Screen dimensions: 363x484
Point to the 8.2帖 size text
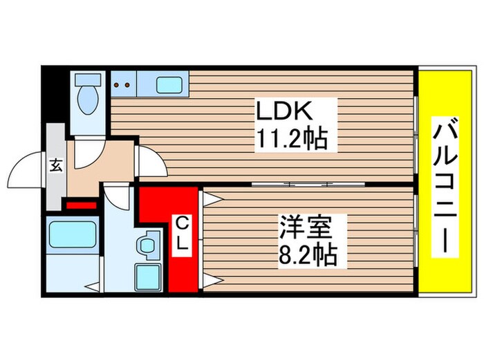pyautogui.click(x=306, y=256)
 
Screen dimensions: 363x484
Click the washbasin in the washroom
pyautogui.click(x=147, y=245)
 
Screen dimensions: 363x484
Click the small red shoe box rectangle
pyautogui.click(x=80, y=203)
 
